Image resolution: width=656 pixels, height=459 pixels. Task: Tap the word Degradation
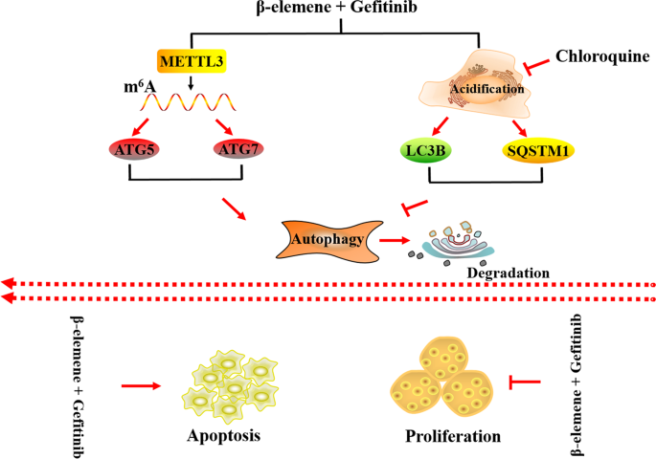509,273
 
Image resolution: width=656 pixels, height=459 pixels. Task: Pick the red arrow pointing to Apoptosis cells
142,386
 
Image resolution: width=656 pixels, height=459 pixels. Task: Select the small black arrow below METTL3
194,82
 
